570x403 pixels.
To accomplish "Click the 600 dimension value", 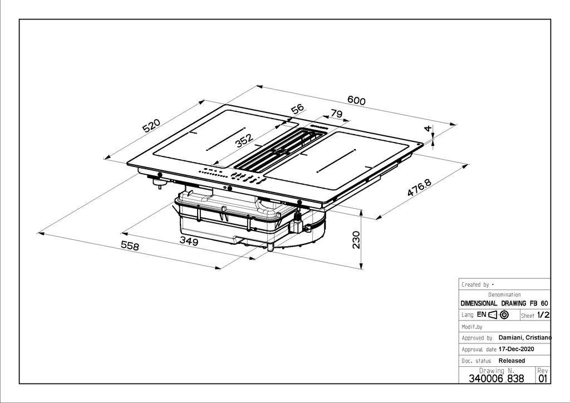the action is click(356, 100).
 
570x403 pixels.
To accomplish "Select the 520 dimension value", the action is click(151, 125).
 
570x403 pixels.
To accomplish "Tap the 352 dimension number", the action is click(244, 141).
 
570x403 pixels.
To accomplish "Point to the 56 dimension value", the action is click(297, 109).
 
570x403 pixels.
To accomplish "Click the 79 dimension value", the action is click(336, 114).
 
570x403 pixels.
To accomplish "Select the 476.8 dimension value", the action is click(419, 188).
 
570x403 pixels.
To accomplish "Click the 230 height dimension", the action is click(356, 240).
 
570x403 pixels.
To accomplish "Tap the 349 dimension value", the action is click(189, 241).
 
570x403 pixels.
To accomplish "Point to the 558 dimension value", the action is click(130, 246).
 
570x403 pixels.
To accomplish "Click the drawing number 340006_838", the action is click(497, 379).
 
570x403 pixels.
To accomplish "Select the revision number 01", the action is click(543, 379).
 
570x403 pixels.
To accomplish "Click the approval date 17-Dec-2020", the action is click(516, 349).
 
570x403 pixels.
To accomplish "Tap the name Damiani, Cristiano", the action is click(525, 337).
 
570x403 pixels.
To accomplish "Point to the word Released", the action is click(512, 361).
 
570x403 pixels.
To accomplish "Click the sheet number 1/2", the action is click(543, 315).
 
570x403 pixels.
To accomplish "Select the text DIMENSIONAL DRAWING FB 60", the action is click(504, 303).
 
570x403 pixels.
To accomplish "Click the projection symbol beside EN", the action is click(498, 314).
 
